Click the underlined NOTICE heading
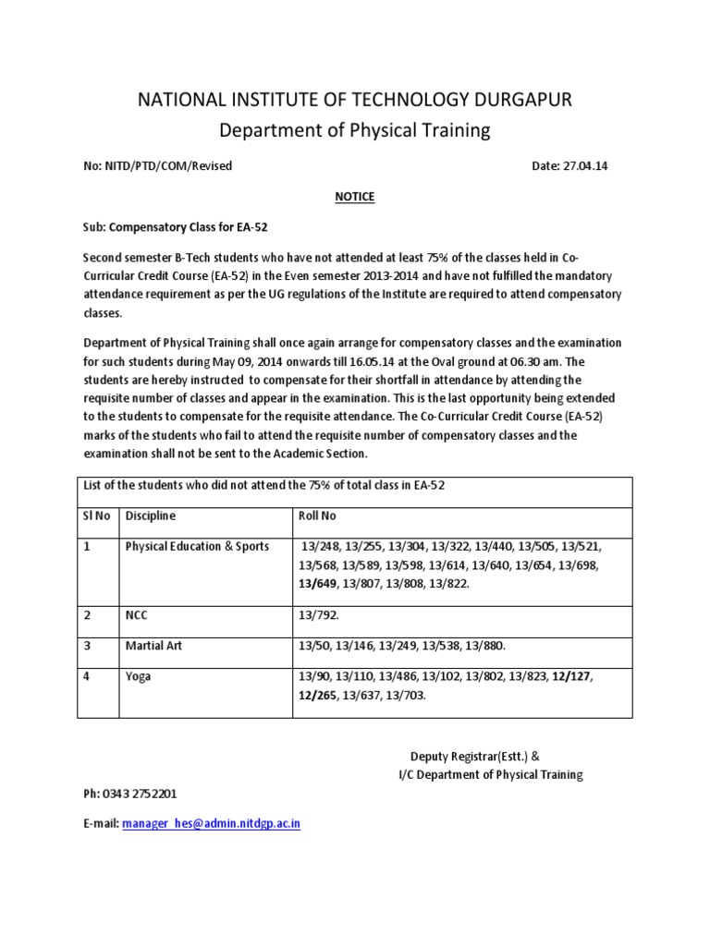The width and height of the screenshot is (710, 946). (x=355, y=197)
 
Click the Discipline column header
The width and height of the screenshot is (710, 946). (x=151, y=515)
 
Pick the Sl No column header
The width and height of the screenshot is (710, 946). (x=96, y=515)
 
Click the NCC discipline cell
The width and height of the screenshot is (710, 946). (x=138, y=616)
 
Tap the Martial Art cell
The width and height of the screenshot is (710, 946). (x=153, y=646)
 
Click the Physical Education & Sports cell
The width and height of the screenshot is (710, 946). (x=197, y=546)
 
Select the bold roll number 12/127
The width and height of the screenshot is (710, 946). (x=571, y=676)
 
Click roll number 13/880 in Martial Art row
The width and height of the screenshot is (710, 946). (x=486, y=646)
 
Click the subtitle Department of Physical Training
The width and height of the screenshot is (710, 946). (x=355, y=131)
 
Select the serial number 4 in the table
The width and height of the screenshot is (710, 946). (x=86, y=676)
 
